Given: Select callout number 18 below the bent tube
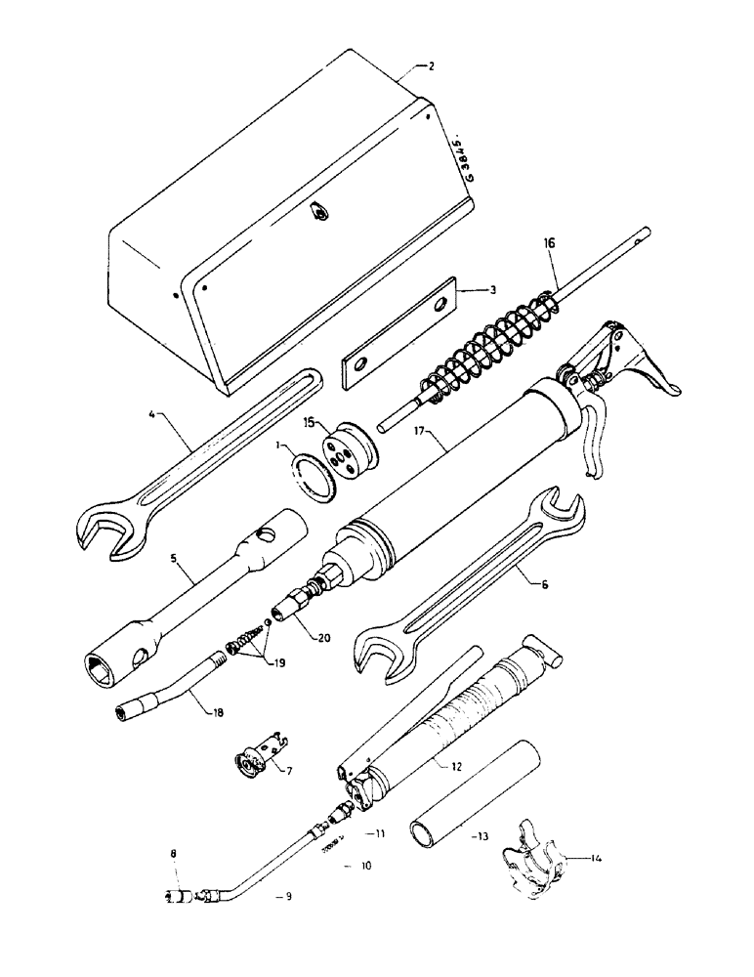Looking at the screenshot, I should (217, 713).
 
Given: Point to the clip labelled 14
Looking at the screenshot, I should (534, 857).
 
